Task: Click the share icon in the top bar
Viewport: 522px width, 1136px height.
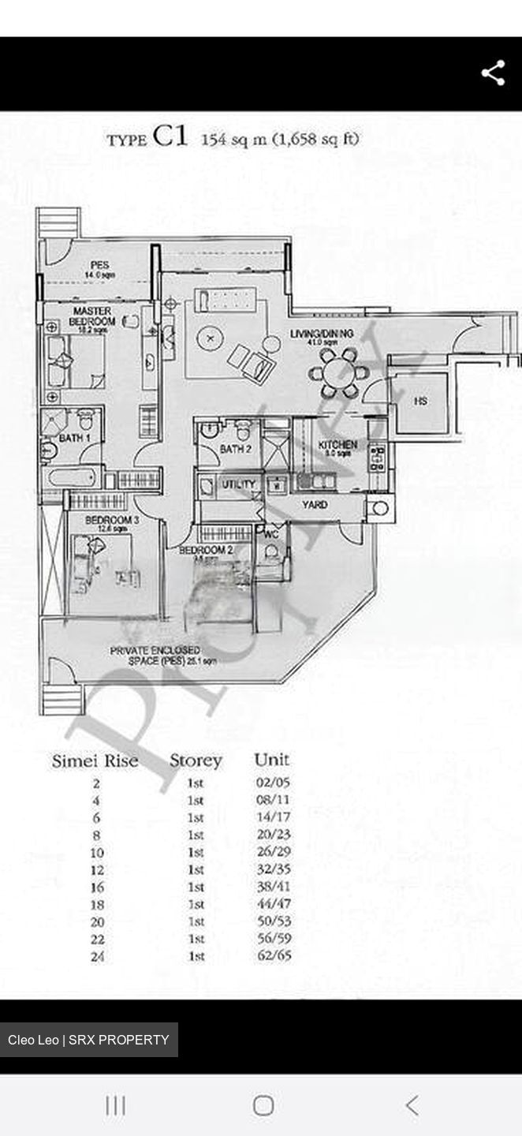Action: [x=493, y=73]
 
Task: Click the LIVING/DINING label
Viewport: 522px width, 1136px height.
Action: [x=322, y=334]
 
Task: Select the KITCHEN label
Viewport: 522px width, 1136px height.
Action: [x=337, y=445]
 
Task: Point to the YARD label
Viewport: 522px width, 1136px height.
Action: [x=315, y=504]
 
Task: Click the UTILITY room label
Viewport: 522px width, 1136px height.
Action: [x=238, y=484]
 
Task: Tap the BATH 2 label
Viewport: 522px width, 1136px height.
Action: [x=235, y=450]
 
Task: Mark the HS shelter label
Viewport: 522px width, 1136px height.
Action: [x=420, y=402]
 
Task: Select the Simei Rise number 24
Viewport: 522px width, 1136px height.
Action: [x=96, y=957]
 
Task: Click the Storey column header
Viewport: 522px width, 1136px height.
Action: [x=196, y=761]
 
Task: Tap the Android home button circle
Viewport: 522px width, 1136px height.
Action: [x=263, y=1105]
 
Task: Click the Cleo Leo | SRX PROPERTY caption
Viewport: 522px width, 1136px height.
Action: [x=88, y=1040]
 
